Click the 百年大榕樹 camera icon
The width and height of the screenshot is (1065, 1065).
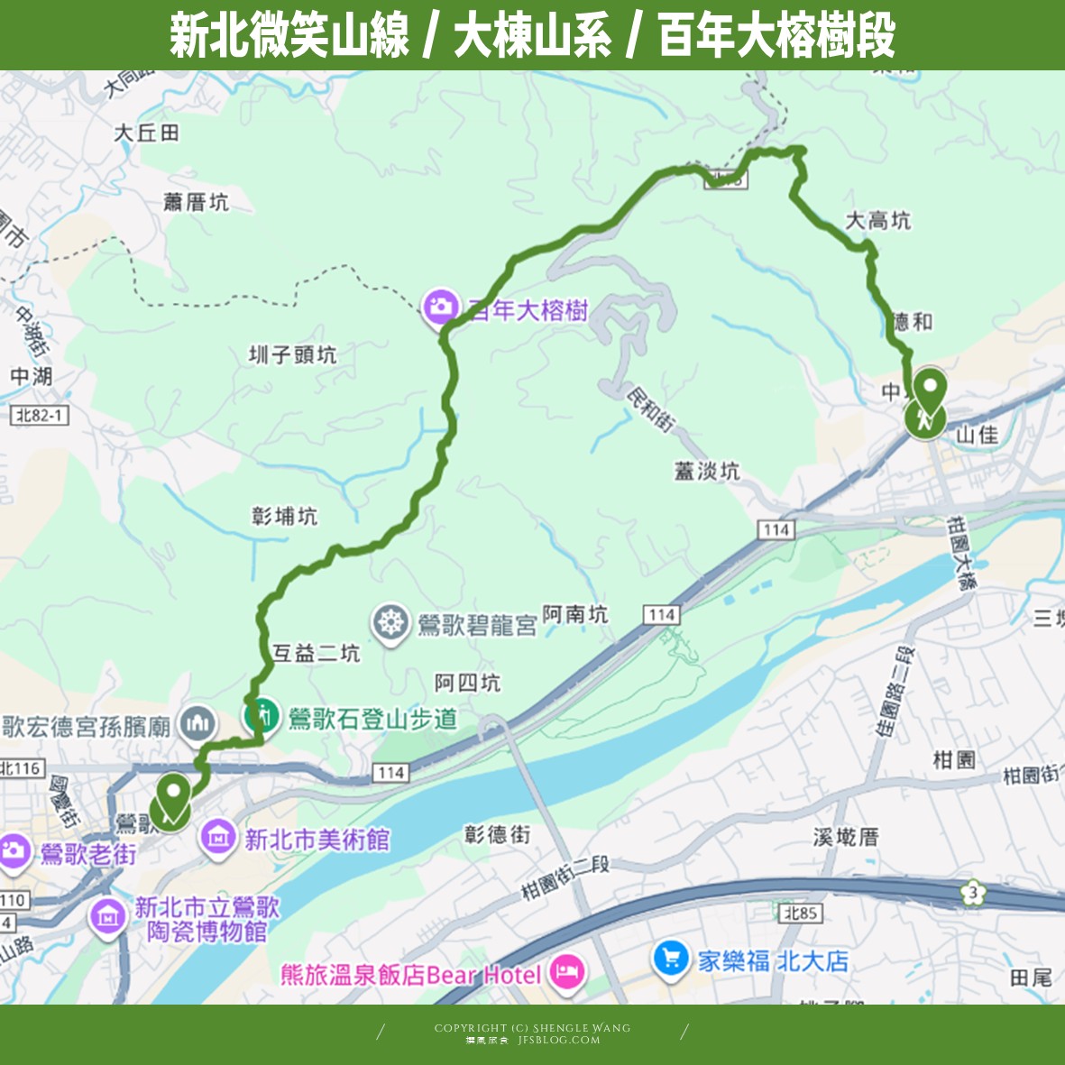pos(440,307)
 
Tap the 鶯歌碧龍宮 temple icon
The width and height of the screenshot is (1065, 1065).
pos(390,622)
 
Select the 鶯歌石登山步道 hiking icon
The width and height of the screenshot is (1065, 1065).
pos(261,716)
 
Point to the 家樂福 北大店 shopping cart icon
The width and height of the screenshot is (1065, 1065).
pos(670,959)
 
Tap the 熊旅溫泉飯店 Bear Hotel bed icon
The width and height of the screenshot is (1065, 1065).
pos(567,974)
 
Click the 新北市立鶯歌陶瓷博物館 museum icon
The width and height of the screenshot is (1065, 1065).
pos(108,918)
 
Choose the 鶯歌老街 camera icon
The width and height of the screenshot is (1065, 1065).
pos(14,851)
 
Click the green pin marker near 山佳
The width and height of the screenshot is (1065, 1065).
pos(927,391)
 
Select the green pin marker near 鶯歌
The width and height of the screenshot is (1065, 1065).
pos(171,796)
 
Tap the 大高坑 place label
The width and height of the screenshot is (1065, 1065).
pos(877,221)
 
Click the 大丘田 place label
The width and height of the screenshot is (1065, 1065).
pos(147,133)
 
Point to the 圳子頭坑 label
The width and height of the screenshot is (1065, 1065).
pos(292,354)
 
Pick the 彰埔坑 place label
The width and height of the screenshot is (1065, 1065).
pos(284,516)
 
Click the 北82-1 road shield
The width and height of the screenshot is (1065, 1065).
pos(41,415)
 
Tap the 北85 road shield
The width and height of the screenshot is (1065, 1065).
pos(801,914)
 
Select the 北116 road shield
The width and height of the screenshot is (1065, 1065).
pos(20,768)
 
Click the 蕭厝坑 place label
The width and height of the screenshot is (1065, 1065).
pos(196,202)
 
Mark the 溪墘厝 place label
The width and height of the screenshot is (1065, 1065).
pos(845,837)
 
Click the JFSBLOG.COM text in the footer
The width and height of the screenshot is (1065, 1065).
pos(559,1040)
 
